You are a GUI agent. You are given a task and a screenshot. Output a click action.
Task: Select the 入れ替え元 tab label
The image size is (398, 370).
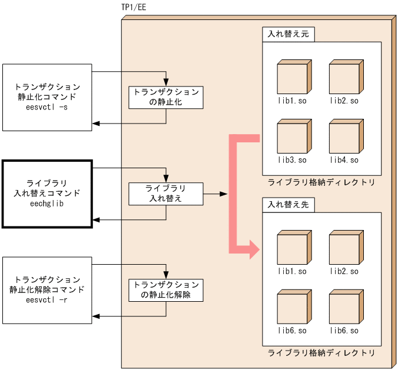(288, 34)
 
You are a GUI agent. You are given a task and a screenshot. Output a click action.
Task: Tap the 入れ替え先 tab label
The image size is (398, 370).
(288, 205)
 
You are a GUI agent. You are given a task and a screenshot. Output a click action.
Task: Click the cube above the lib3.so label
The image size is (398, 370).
(293, 136)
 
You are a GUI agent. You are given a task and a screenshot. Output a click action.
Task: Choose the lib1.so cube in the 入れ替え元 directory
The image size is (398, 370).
(293, 78)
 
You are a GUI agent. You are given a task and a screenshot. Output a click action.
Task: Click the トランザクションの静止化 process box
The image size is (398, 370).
(166, 97)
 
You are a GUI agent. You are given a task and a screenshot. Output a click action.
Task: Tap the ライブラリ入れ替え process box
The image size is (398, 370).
(166, 194)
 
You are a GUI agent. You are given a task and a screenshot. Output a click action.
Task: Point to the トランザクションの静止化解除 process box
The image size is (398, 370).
(166, 290)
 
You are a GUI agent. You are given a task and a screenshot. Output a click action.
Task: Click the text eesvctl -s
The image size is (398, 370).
(47, 108)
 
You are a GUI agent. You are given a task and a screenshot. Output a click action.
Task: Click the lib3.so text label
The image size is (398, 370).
(293, 160)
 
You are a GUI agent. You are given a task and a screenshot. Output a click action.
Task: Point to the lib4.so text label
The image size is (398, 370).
(344, 160)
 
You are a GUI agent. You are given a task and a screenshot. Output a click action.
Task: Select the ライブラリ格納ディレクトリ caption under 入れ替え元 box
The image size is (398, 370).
(321, 182)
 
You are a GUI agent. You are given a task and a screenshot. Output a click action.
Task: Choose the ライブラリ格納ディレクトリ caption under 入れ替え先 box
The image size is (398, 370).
(321, 353)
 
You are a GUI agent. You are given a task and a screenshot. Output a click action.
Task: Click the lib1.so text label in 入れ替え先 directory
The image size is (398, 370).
(293, 272)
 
